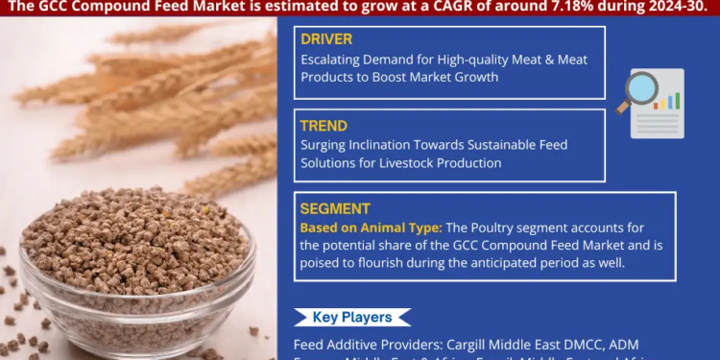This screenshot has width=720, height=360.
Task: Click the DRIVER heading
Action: pyautogui.click(x=326, y=39)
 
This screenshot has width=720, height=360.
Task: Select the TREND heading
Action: pyautogui.click(x=324, y=125)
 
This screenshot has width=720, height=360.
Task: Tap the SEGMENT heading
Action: pyautogui.click(x=333, y=208)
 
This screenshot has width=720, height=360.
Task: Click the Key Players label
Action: pyautogui.click(x=351, y=317)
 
